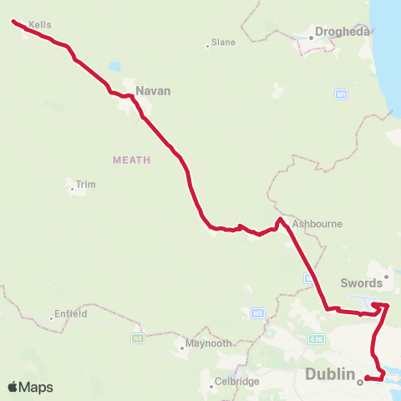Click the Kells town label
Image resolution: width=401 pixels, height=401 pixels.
pos(40,25)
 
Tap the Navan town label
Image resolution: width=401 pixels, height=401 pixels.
pos(153,90)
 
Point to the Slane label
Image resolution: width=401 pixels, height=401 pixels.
pos(223,42)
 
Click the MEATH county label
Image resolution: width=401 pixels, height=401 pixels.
pos(131,159)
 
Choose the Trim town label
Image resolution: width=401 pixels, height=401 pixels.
pos(86,184)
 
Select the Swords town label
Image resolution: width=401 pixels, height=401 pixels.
pos(361,283)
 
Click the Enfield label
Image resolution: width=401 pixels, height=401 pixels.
pos(70,314)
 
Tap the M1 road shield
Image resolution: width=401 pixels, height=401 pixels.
pos(341,94)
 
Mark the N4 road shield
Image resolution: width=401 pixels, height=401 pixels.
pos(137,338)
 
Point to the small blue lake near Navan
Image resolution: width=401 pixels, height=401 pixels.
pos(114,66)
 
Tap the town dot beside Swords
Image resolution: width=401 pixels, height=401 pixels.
pos(386,276)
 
